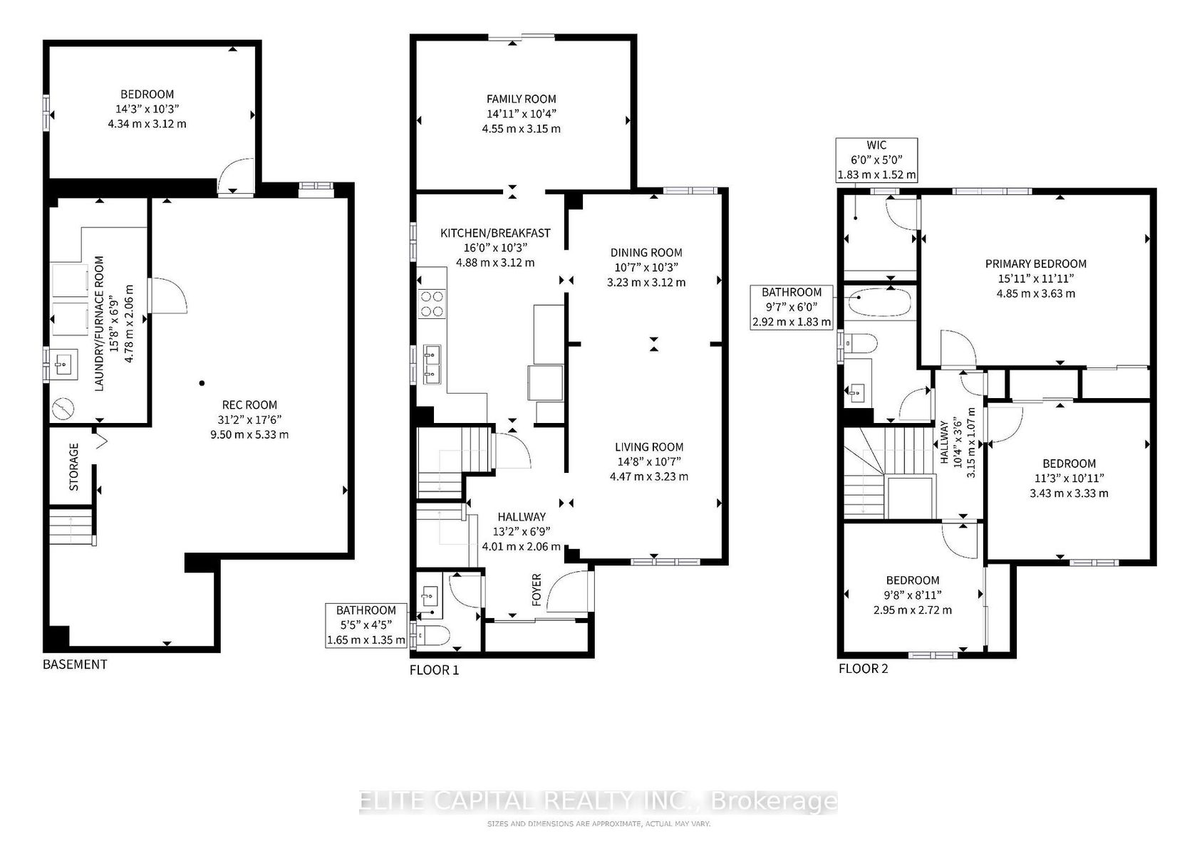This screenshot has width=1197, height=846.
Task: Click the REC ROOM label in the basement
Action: coord(249,404)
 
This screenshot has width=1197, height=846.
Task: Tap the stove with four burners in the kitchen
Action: coord(432,304)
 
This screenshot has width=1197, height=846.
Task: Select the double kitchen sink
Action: coord(432,365)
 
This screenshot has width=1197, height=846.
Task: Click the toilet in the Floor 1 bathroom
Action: coord(432,635)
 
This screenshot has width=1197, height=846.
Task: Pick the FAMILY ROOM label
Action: coord(521,99)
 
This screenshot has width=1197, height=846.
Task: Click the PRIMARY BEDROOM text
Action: coord(1036,263)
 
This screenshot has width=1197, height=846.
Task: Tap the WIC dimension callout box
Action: coord(876,160)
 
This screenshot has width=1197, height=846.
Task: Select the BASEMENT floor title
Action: coord(75,664)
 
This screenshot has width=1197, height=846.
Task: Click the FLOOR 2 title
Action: coord(863,669)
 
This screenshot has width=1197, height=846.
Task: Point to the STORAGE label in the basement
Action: coord(74,467)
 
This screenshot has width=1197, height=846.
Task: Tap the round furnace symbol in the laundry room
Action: coord(63,409)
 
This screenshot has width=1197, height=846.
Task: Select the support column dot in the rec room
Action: coord(202,383)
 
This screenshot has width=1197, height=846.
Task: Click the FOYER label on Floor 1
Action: coord(537,590)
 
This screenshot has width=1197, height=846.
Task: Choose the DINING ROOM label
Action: coord(646,253)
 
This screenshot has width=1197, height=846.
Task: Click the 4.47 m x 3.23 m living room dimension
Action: coord(648,476)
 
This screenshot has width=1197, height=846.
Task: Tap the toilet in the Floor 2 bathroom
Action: coord(859,343)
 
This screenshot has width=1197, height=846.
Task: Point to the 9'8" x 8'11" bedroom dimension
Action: coord(913,595)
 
